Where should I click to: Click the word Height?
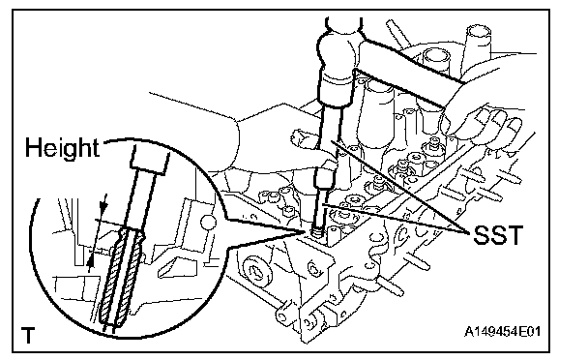point(62,148)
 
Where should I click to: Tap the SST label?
point(498,235)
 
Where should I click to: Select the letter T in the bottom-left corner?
point(28,335)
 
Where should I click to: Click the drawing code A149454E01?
point(503,332)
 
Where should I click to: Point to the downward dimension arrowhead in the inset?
point(103,206)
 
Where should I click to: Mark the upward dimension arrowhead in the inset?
point(90,261)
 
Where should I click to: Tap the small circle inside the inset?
point(208,223)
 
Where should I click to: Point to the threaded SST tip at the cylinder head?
point(317,233)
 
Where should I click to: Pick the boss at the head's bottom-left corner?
point(285,312)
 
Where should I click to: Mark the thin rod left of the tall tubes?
point(397,31)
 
